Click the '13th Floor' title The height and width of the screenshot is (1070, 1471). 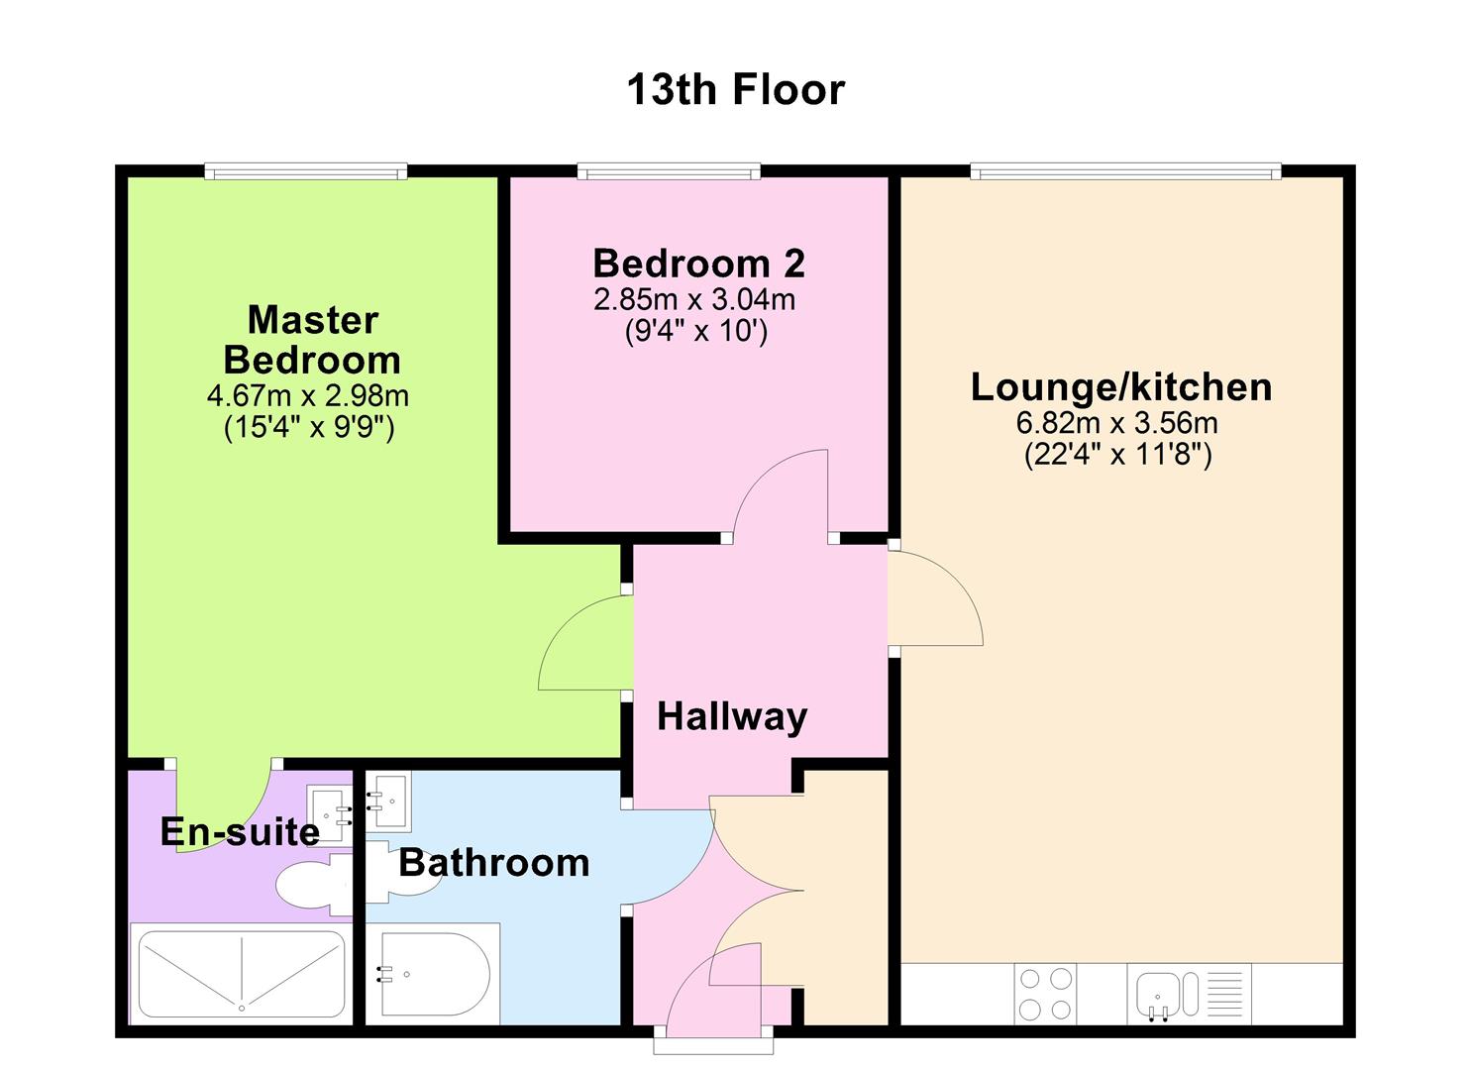tap(735, 89)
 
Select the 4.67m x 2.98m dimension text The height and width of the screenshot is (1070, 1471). tap(307, 396)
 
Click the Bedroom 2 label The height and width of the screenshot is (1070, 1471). tap(698, 264)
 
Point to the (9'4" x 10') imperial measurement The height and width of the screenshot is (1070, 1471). tap(695, 331)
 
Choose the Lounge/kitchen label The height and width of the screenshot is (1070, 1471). tap(1120, 386)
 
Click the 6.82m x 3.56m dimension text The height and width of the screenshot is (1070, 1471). tap(1116, 423)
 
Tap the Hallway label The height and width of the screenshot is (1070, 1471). tap(732, 716)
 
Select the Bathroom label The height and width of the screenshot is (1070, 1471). tap(493, 863)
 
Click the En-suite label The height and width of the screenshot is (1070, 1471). tap(240, 832)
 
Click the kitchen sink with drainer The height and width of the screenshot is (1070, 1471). tap(1189, 994)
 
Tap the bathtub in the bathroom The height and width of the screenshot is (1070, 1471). tap(433, 974)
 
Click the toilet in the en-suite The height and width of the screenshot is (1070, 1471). tap(311, 884)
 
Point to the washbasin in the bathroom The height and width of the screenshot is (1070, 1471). tap(389, 802)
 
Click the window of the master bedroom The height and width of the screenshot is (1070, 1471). tap(306, 172)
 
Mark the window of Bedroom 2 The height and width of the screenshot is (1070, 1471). tap(669, 172)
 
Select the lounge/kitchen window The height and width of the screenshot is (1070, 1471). tap(1125, 172)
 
